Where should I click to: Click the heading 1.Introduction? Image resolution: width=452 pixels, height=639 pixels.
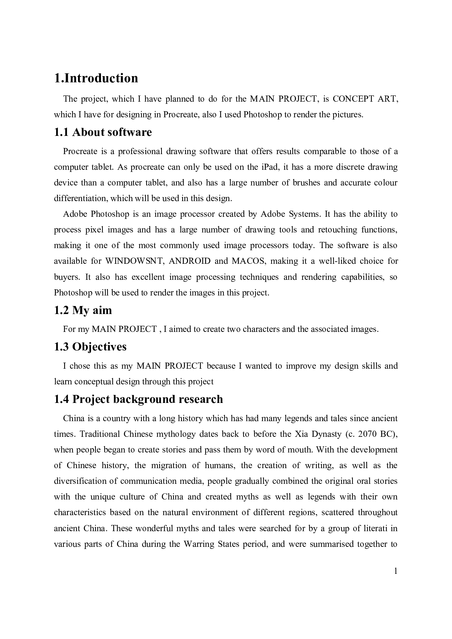[96, 78]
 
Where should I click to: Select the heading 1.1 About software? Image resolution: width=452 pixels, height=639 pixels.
[103, 132]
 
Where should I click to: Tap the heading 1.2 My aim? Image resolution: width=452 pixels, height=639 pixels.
[83, 310]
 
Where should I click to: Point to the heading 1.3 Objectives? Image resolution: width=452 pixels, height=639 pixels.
[90, 346]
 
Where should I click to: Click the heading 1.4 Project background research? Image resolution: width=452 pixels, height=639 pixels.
[139, 399]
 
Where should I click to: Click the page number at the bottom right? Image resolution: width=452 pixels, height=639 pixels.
[395, 571]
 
